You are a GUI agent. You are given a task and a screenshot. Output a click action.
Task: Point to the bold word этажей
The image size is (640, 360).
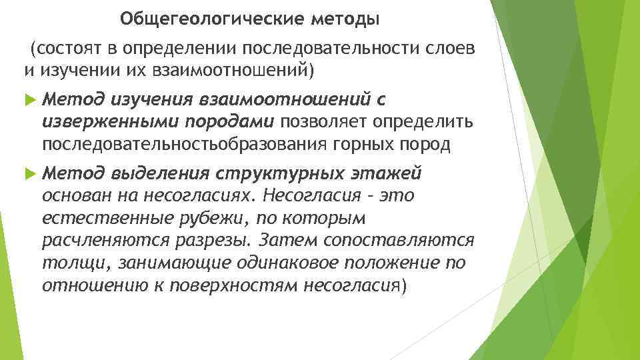tap(387, 174)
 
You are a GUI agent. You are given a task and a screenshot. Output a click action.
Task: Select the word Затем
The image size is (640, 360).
tap(284, 240)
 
